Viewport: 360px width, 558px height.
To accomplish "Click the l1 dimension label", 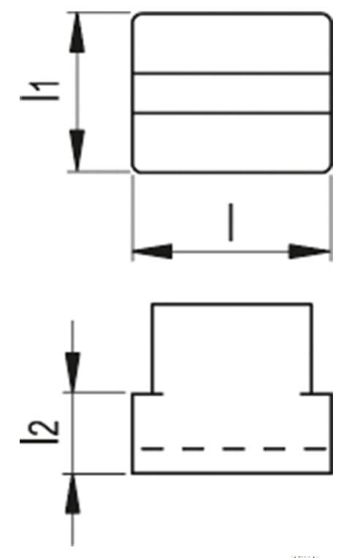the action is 40,91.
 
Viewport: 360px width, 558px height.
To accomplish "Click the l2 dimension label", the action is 40,432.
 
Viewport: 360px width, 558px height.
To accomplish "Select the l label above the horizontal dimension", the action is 231,223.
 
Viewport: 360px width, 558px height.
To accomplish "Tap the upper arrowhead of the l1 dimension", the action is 77,33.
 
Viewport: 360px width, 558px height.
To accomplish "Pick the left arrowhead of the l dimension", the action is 153,251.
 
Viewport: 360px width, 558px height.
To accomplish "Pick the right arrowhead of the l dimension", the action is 310,251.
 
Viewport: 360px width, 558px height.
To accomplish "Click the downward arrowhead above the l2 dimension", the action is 72,372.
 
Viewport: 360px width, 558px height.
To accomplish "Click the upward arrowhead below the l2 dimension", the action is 72,494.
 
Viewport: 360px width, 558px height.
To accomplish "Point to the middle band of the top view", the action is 232,93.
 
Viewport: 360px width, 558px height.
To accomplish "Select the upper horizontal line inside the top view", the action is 232,73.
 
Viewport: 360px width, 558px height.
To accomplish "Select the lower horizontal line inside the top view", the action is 232,113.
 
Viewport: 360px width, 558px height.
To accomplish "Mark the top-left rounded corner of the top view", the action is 134,15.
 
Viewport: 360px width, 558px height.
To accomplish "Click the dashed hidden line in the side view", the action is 234,448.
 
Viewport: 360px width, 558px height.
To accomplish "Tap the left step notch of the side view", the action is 153,394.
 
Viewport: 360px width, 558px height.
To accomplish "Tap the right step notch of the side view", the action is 312,394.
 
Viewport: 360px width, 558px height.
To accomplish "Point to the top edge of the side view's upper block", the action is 232,305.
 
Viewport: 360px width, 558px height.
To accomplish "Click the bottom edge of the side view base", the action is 232,473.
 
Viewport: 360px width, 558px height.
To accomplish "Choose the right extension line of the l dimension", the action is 332,218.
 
